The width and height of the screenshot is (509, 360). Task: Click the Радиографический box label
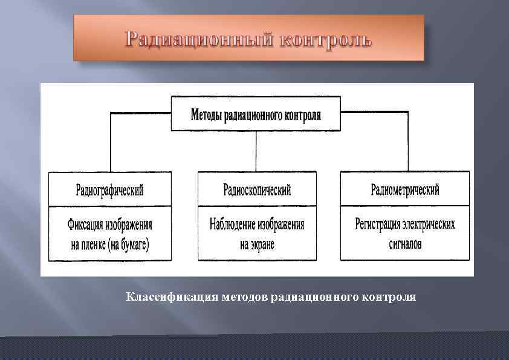(109, 190)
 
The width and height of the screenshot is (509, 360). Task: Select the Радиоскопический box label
(257, 190)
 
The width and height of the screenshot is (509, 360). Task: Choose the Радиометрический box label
(404, 190)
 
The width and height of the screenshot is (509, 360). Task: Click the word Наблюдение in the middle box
(232, 225)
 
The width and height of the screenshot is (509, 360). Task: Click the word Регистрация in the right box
(378, 225)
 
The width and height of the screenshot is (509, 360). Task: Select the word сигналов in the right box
(404, 244)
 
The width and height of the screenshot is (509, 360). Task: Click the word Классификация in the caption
(172, 297)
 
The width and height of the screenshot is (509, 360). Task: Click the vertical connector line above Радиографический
(110, 142)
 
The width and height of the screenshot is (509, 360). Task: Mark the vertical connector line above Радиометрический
(408, 142)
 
